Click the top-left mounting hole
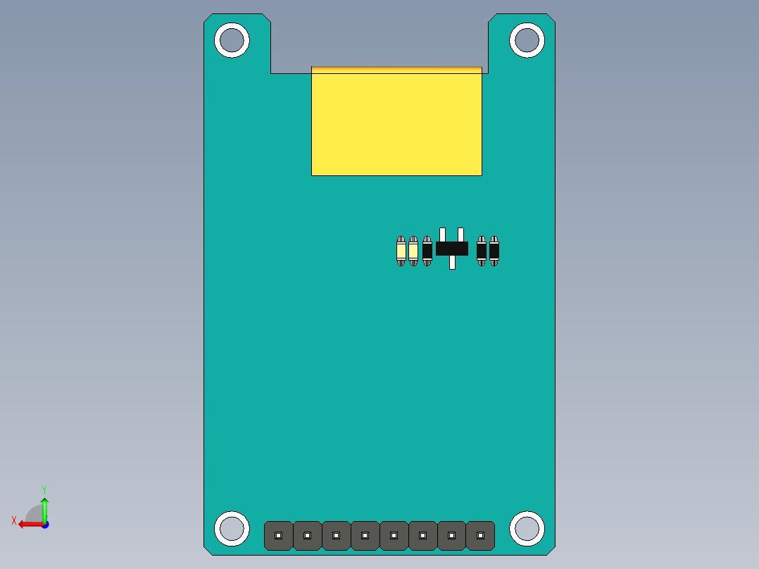[x=232, y=40]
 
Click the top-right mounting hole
[x=527, y=40]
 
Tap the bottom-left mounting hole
[x=232, y=528]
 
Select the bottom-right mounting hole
[x=527, y=528]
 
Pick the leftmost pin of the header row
[x=279, y=536]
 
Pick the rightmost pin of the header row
[x=480, y=536]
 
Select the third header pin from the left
[x=337, y=536]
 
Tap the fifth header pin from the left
[x=394, y=536]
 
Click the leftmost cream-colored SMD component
[x=401, y=251]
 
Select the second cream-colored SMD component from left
[x=413, y=251]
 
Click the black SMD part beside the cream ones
[x=427, y=251]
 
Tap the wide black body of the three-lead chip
[x=452, y=249]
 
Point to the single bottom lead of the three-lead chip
[x=452, y=263]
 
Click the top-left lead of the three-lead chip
[x=443, y=234]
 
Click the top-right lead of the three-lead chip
[x=461, y=234]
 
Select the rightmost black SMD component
[x=494, y=251]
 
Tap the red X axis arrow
[x=26, y=524]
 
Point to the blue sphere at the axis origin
[x=44, y=525]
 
